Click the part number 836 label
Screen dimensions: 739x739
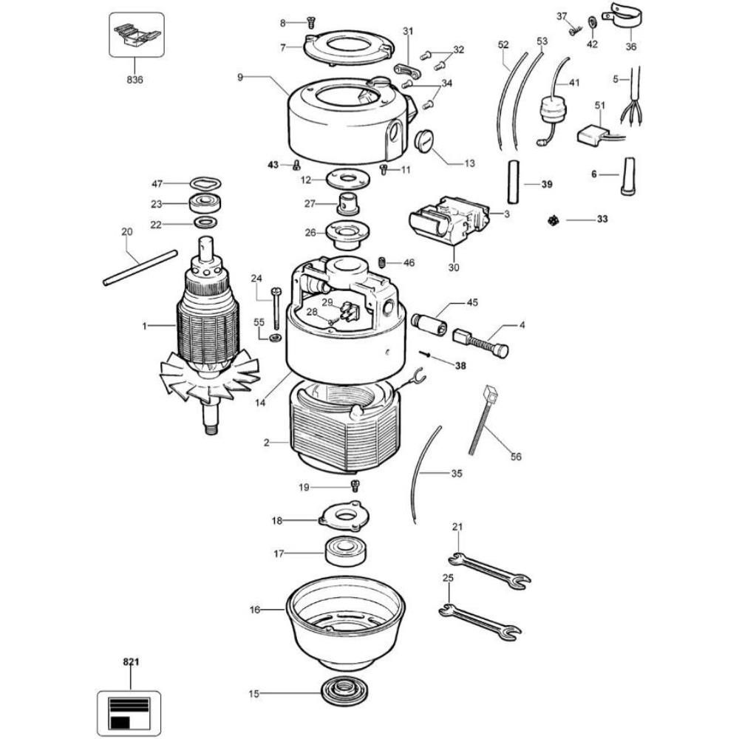pos(134,79)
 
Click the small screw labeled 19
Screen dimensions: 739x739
pos(355,486)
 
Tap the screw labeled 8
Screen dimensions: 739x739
pos(310,23)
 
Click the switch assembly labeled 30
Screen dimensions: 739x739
pos(449,222)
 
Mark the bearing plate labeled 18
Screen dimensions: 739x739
pos(342,515)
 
